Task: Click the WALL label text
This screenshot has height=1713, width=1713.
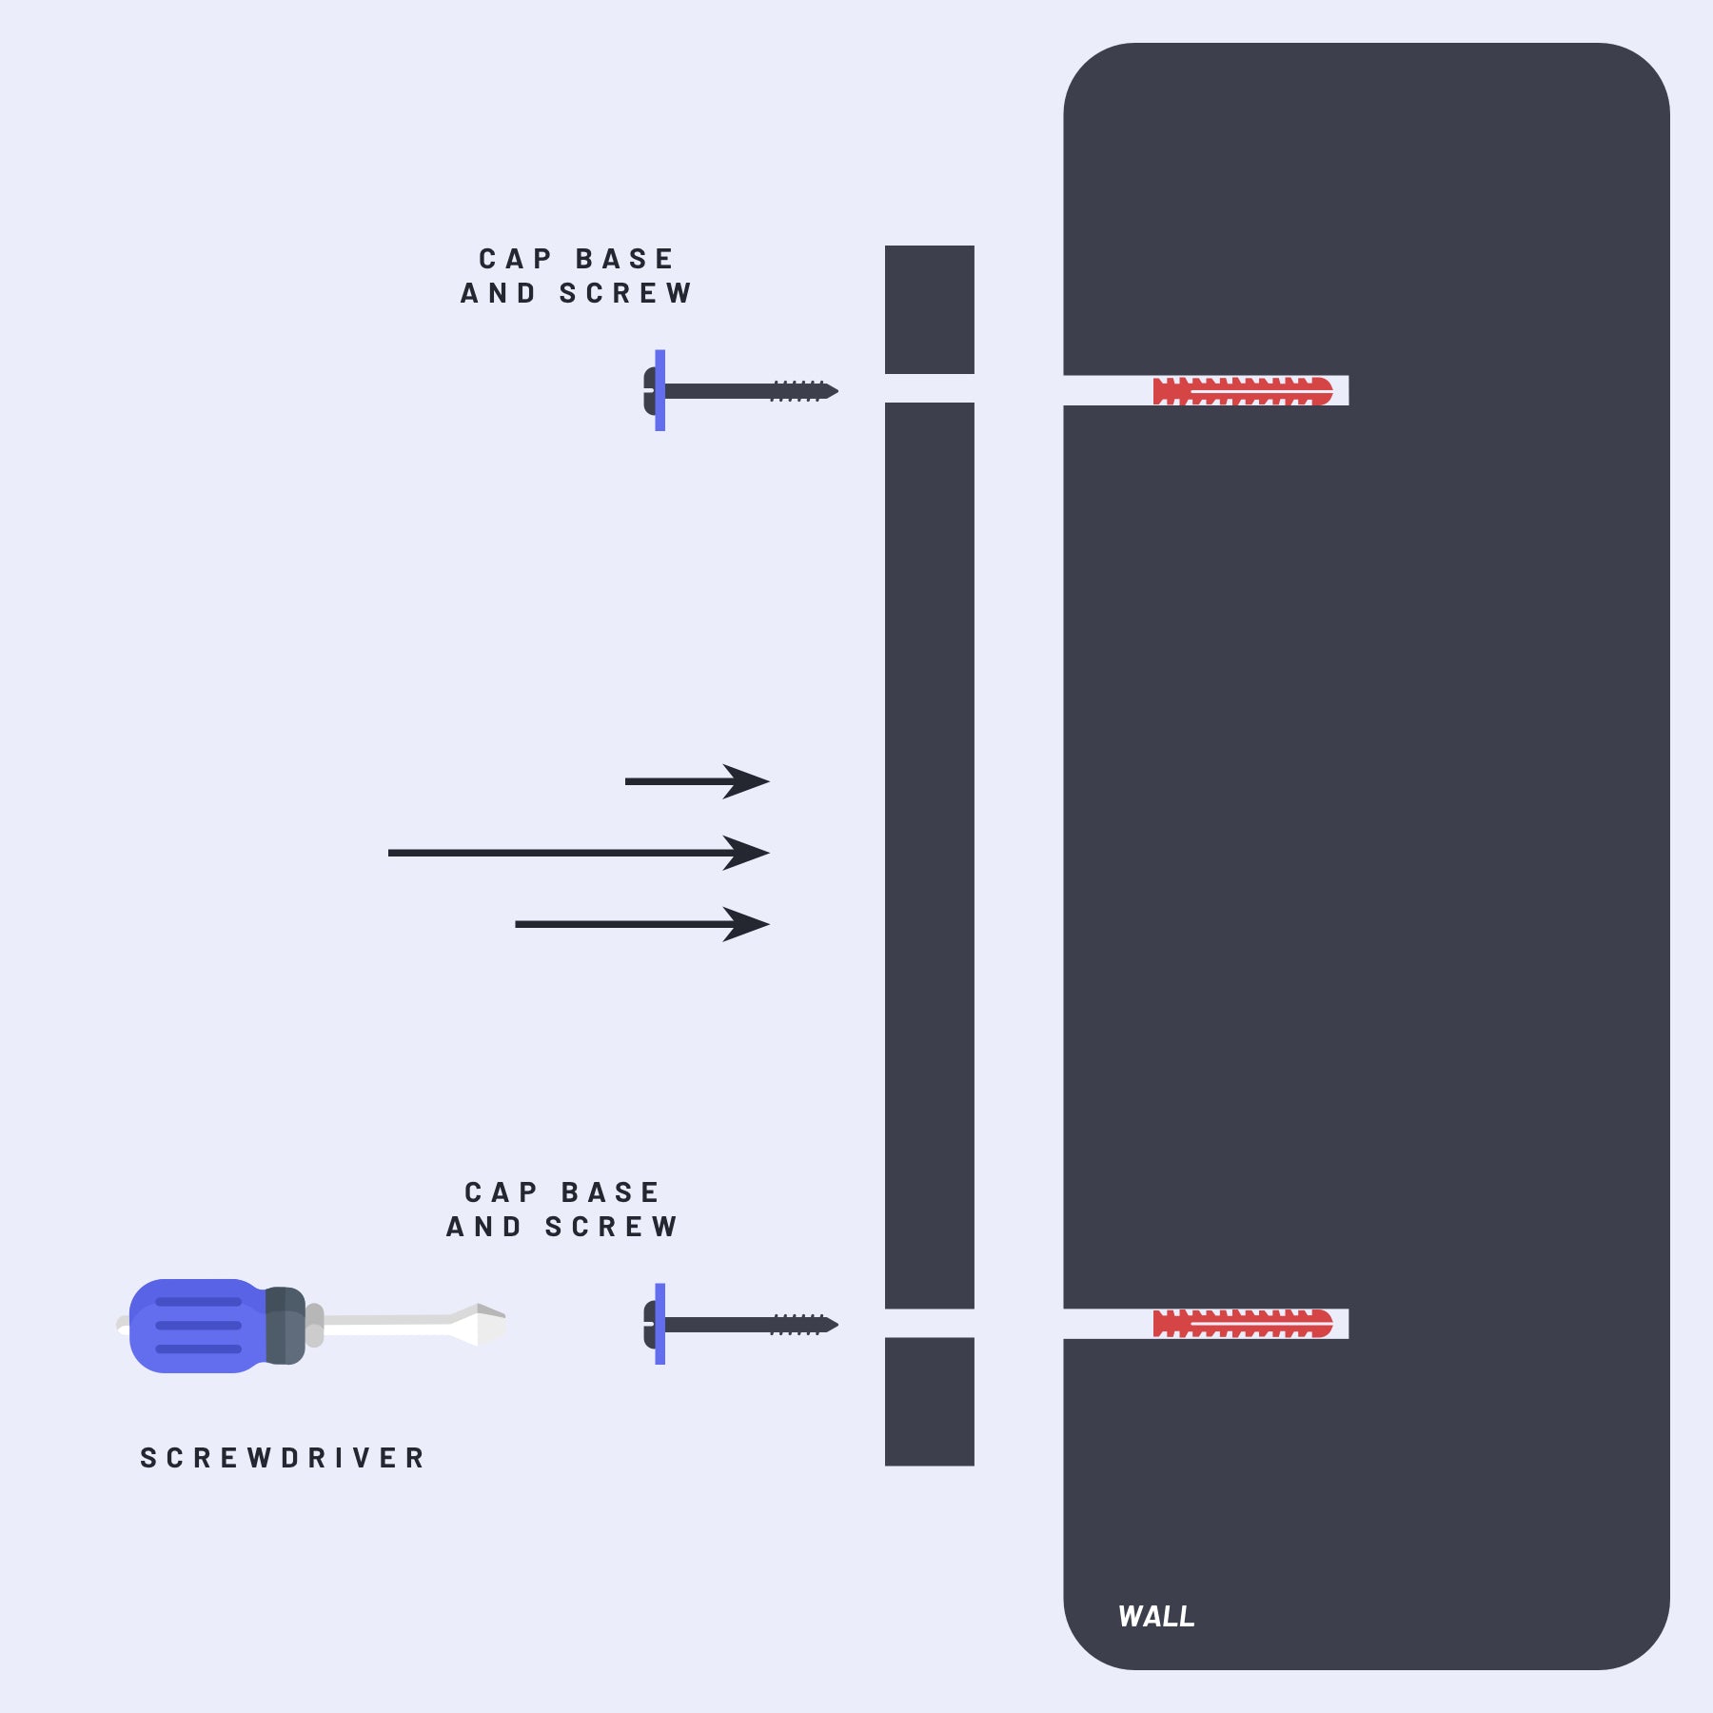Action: (1156, 1616)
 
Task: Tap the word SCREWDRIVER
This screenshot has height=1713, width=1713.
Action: (283, 1458)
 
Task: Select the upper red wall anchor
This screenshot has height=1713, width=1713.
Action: (1243, 391)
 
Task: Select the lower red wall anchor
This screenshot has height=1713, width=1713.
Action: (1243, 1324)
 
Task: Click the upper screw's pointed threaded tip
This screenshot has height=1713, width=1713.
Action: (830, 391)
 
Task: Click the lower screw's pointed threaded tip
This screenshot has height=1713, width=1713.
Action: (830, 1324)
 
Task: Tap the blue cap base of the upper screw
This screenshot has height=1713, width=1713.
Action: (660, 390)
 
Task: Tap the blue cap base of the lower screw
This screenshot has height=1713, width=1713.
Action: (660, 1324)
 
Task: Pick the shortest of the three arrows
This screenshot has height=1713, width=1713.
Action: (697, 781)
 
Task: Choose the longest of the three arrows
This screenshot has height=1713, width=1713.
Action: (579, 853)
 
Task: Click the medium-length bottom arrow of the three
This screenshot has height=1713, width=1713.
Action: (642, 924)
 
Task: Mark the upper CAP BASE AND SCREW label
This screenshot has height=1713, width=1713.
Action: (577, 276)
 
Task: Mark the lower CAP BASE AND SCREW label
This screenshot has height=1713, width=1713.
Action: (562, 1210)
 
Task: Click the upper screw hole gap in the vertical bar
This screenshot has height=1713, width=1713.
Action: (930, 388)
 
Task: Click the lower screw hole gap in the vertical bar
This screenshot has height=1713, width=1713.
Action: (930, 1323)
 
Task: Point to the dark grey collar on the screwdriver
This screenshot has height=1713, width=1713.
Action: (285, 1326)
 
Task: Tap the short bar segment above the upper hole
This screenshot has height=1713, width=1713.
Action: (930, 309)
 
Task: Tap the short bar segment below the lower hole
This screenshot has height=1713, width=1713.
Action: (930, 1401)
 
